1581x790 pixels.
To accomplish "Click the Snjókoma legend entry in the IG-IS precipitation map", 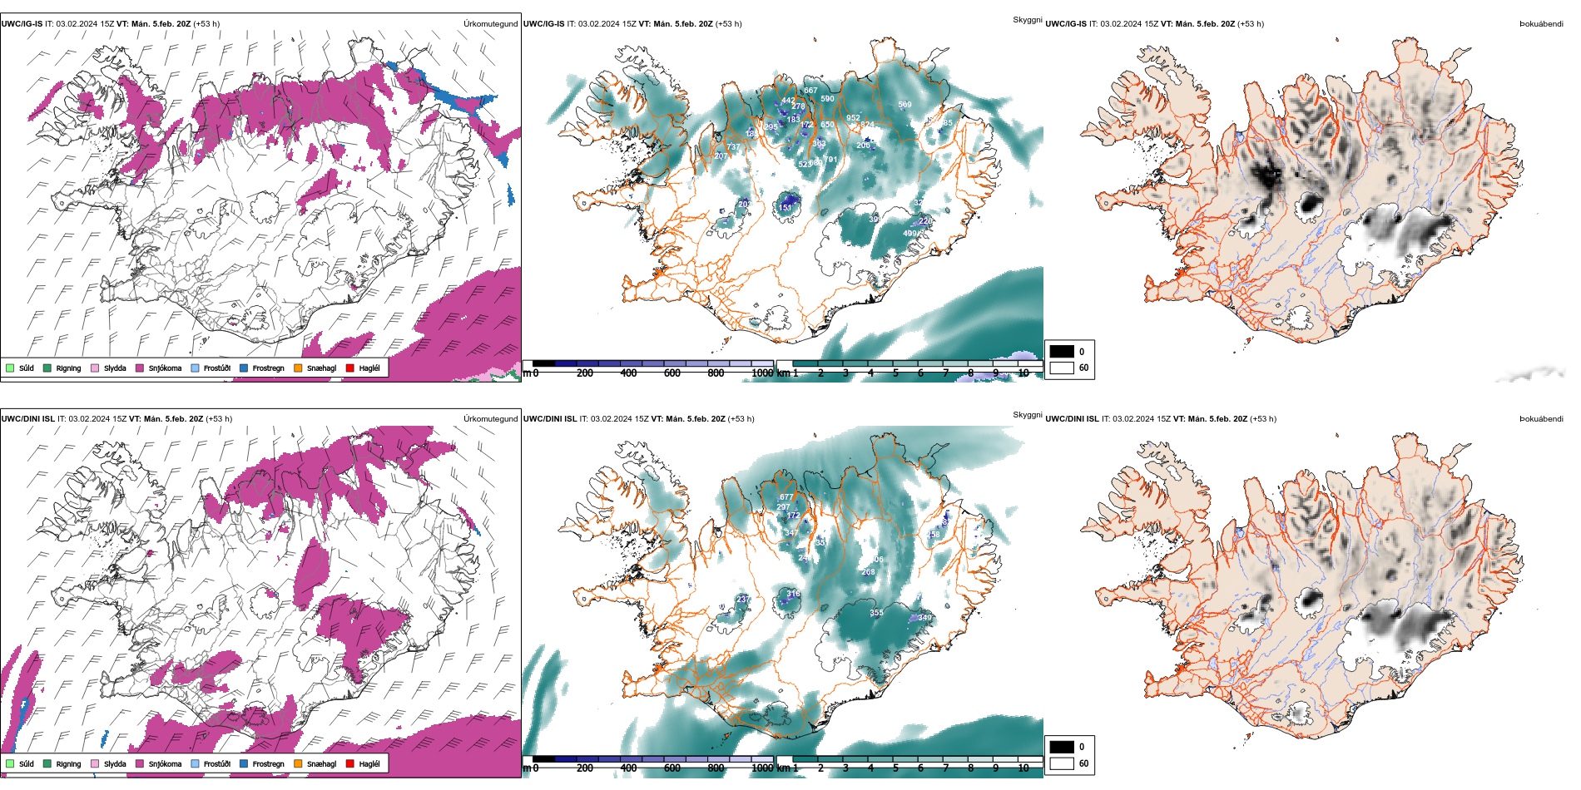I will (165, 368).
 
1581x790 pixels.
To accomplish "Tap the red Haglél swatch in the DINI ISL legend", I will (350, 763).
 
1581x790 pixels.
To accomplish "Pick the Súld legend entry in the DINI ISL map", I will (26, 763).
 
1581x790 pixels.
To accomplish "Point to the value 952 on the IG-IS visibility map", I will (853, 118).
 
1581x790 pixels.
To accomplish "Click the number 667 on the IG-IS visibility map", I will (810, 91).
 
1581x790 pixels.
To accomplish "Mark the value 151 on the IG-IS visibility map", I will (786, 208).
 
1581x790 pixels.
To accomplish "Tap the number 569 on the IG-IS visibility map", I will (904, 105).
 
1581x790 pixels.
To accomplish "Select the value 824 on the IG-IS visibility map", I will (867, 125).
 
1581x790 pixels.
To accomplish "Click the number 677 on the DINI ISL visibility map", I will (786, 497).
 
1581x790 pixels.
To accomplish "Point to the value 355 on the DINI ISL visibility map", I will (876, 613).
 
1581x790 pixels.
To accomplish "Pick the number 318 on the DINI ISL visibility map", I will (794, 594).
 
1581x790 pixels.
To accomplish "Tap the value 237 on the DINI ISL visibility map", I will (743, 599).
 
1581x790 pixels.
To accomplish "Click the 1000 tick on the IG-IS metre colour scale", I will (762, 373).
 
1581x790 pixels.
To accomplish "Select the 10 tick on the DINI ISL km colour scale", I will (1023, 768).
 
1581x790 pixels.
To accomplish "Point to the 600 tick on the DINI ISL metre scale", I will (672, 768).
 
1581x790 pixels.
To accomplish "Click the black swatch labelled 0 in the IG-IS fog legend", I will (1062, 351).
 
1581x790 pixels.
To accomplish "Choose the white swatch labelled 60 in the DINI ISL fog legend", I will (1062, 763).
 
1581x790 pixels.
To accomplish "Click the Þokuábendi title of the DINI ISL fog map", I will (1541, 419).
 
